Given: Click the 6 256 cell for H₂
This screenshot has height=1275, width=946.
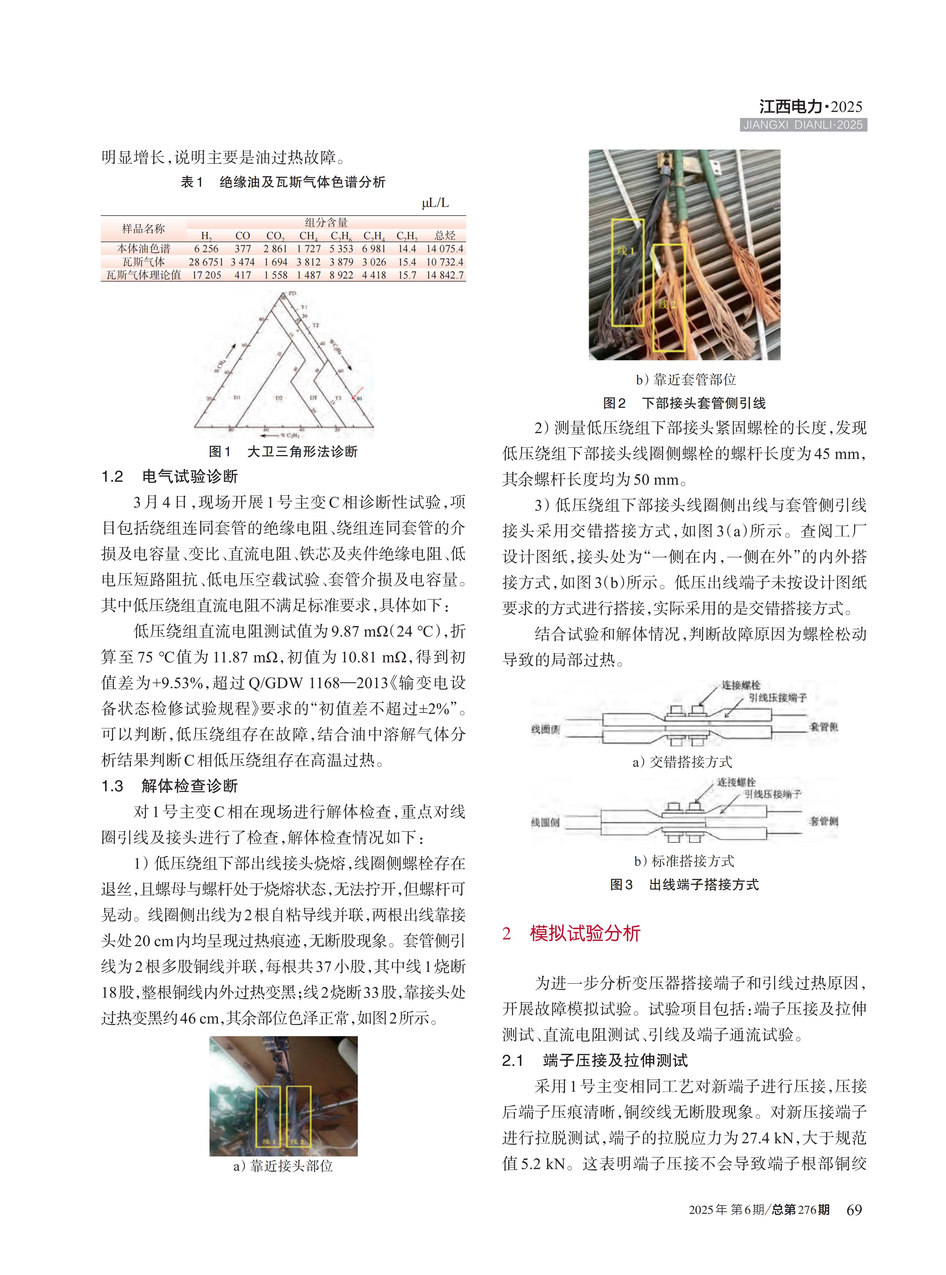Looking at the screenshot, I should point(206,249).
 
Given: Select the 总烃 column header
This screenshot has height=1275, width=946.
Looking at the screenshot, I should point(445,235).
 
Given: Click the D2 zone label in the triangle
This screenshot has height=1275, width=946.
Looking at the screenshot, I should point(279,397).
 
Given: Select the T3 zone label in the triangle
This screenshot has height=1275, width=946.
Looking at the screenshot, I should point(338,397).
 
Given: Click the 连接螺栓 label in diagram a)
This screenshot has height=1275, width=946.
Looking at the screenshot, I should point(740,685).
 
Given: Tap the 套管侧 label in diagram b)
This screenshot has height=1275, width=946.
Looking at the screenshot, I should point(823,821).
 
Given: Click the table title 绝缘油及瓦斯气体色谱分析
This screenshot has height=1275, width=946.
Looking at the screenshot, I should point(302,182).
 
